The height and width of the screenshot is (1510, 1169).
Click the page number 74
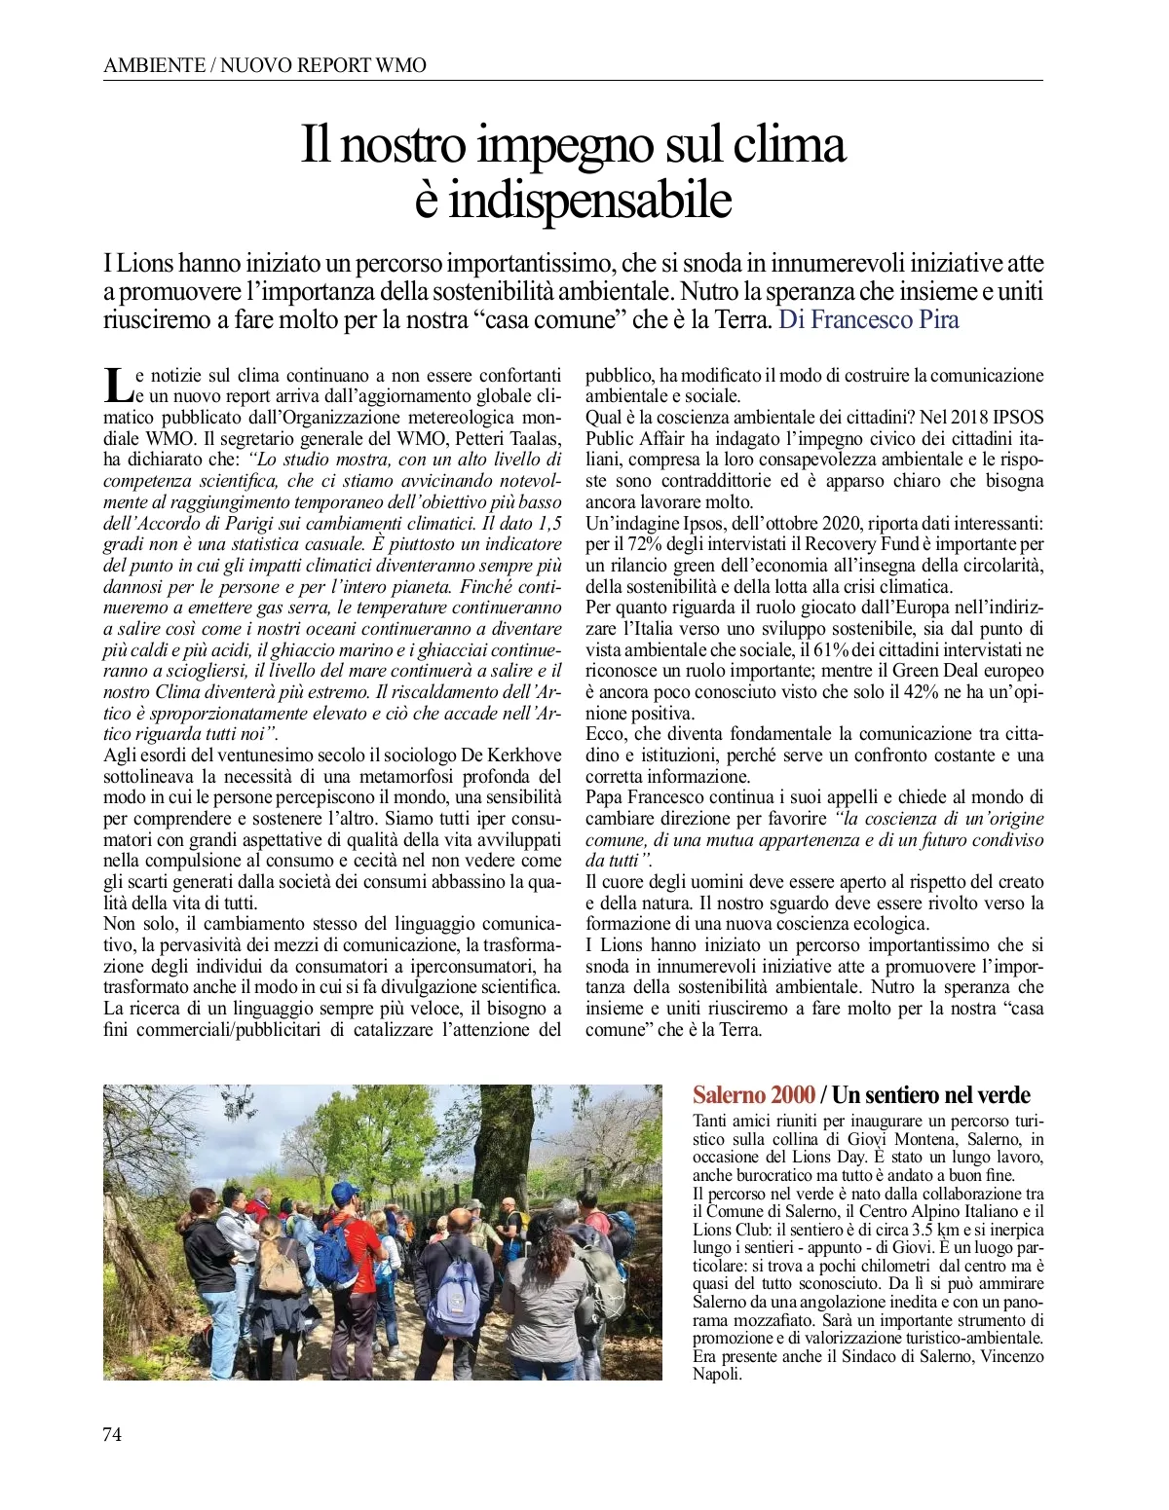pyautogui.click(x=112, y=1434)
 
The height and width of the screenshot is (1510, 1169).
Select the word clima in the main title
pyautogui.click(x=789, y=144)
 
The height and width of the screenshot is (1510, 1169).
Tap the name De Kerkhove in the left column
pyautogui.click(x=510, y=755)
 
